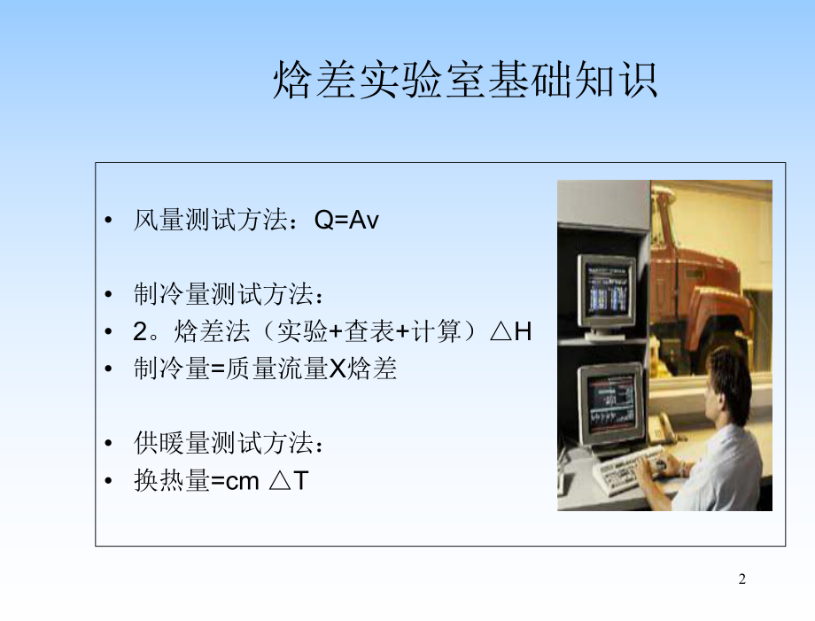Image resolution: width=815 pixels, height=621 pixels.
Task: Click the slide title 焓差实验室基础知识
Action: point(465,81)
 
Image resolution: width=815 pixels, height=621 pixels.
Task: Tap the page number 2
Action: point(742,579)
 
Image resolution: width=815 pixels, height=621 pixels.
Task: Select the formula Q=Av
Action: point(346,221)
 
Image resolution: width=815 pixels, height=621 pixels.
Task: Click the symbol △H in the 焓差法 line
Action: point(510,332)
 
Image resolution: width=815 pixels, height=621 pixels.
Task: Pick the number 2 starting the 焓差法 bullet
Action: point(139,332)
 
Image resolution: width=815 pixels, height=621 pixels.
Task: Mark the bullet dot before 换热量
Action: point(109,482)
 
